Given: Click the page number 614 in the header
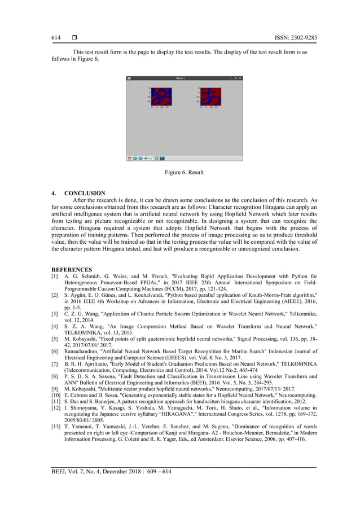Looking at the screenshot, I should click(56, 38).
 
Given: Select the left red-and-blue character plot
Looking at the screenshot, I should click(161, 96).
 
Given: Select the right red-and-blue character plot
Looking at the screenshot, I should click(210, 96).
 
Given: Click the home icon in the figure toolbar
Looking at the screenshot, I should click(129, 159).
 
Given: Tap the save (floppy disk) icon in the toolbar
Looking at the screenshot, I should click(162, 159).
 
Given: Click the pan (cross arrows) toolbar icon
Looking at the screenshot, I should click(146, 159).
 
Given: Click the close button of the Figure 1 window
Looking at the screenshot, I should click(240, 78).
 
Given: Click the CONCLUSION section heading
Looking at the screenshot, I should click(85, 194).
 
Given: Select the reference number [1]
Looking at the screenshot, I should click(55, 277).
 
